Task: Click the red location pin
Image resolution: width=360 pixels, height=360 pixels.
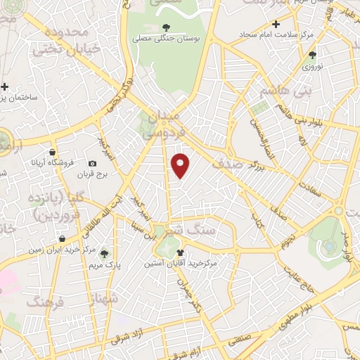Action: pos(181,165)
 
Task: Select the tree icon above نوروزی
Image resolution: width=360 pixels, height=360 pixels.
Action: pos(312,54)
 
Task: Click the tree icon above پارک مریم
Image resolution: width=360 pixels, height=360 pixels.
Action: pos(104,254)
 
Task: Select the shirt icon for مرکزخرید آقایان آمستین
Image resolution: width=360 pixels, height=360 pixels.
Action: pos(181,252)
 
